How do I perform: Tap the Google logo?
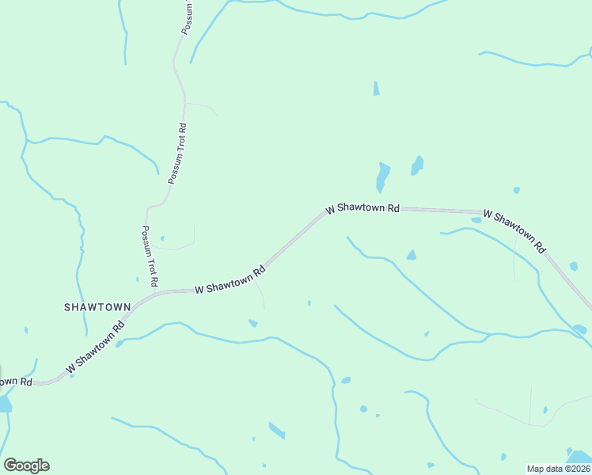click(x=26, y=465)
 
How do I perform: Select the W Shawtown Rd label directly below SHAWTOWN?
click(x=97, y=346)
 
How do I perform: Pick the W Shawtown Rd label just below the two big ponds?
click(x=362, y=208)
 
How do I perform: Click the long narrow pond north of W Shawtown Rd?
click(x=383, y=177)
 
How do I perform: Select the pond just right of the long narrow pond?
click(x=416, y=165)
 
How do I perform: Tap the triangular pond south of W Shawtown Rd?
click(x=411, y=255)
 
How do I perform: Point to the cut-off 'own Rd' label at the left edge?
click(x=16, y=382)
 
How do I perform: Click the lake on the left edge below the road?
click(x=4, y=404)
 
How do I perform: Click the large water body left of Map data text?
click(x=579, y=457)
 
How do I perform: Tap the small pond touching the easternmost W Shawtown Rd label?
click(x=476, y=221)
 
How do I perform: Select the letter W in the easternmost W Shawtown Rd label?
click(x=487, y=214)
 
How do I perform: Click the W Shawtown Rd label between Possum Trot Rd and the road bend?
click(x=230, y=280)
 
